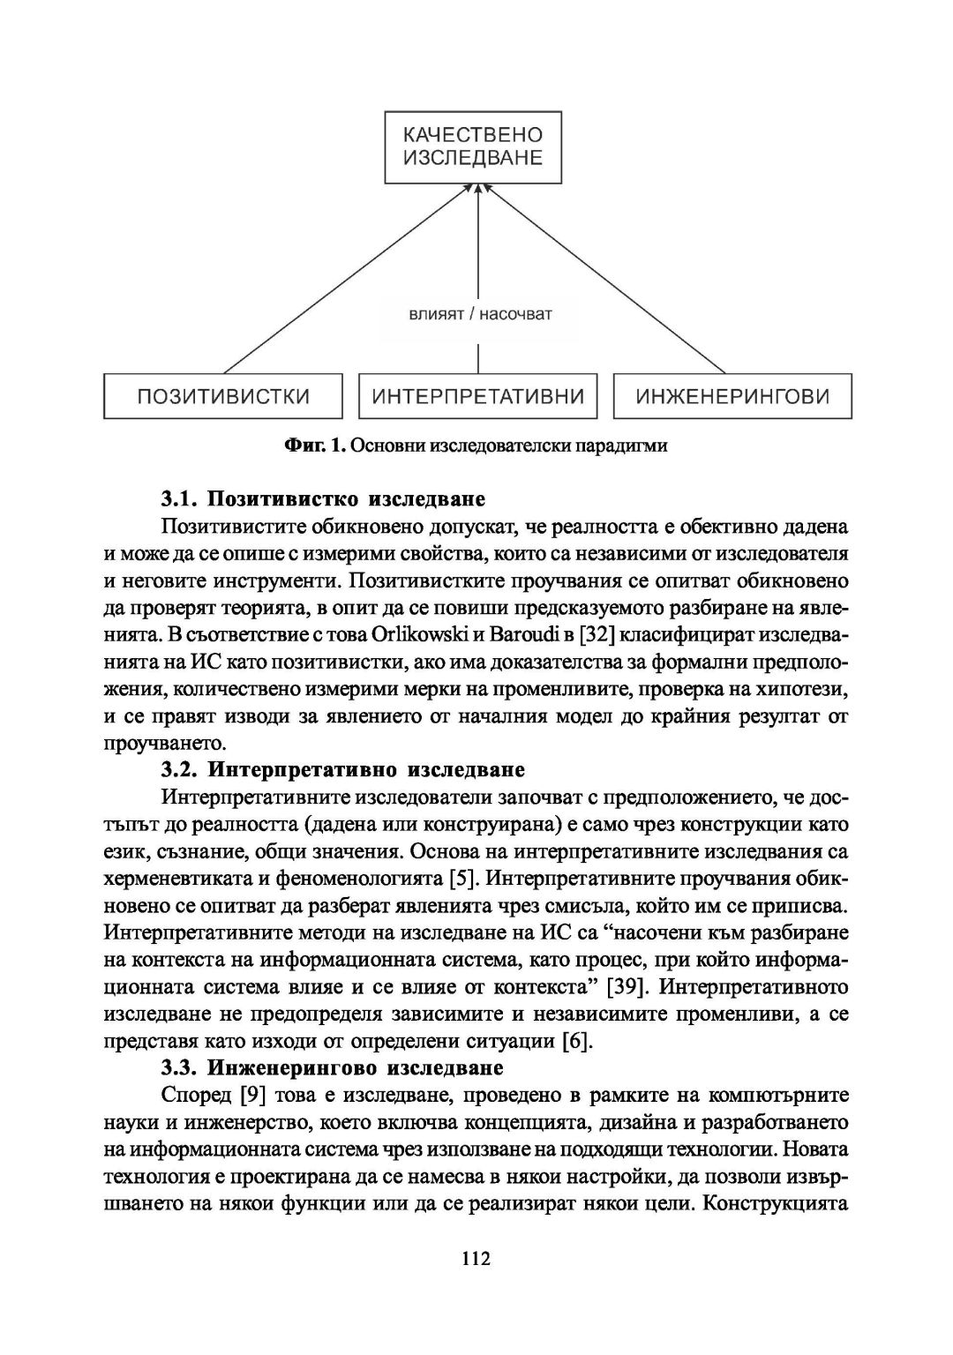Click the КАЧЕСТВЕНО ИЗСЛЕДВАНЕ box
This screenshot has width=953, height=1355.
[473, 147]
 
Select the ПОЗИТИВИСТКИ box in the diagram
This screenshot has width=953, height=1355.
[223, 396]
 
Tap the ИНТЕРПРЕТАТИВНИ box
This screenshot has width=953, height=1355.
[478, 396]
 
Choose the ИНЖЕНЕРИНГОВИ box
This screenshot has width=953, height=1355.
[732, 396]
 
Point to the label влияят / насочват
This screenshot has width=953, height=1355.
[479, 314]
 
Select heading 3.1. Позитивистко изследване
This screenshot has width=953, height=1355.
[323, 500]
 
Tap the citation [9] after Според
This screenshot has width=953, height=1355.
[253, 1096]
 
